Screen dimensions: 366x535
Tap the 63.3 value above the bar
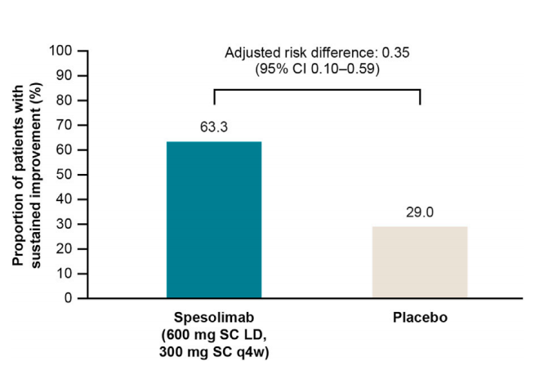[214, 127]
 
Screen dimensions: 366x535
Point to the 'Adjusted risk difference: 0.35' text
[317, 53]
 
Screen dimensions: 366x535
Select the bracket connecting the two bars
[317, 89]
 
